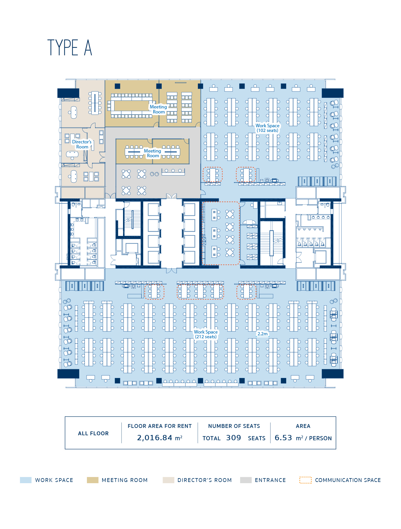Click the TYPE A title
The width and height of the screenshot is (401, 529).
click(70, 48)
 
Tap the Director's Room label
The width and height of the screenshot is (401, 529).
click(82, 144)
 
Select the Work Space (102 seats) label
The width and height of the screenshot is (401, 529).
click(267, 128)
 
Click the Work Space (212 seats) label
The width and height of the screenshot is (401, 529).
click(206, 334)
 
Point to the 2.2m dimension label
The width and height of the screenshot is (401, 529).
click(263, 334)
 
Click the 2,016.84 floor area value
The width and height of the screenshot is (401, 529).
click(155, 438)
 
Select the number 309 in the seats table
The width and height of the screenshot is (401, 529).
click(234, 438)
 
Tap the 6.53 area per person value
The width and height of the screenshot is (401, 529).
click(283, 438)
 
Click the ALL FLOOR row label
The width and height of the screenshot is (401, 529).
click(93, 433)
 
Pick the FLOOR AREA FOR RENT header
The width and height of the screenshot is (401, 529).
click(160, 426)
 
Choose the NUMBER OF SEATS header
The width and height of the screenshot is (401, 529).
click(234, 426)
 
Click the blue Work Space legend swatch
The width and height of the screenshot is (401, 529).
click(26, 480)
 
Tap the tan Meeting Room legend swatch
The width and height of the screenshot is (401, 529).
click(92, 480)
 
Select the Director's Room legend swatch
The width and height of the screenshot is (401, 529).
click(169, 480)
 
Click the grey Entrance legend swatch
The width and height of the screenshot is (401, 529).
click(246, 480)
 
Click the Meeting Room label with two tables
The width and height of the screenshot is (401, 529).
click(153, 153)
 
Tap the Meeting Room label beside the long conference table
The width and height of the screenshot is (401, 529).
click(159, 109)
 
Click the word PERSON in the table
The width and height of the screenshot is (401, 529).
click(320, 438)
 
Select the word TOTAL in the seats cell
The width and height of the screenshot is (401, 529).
click(211, 438)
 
